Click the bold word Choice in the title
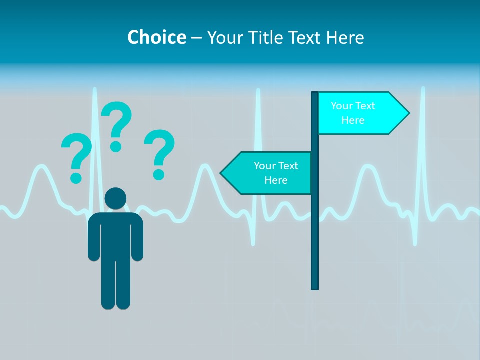[x=156, y=37]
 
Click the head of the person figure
[x=115, y=198]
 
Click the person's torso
[x=115, y=235]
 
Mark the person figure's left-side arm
[x=93, y=237]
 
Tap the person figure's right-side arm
[x=137, y=237]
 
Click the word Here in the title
[x=345, y=37]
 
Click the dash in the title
[x=196, y=38]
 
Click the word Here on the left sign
[x=276, y=180]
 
